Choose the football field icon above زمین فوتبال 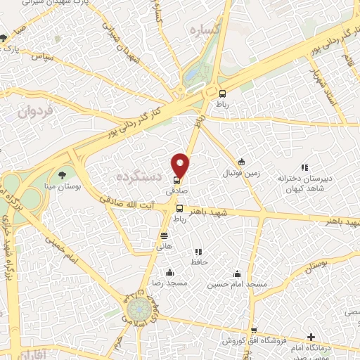coord(241,162)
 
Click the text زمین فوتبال coord(241,173)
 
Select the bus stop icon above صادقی coord(176,180)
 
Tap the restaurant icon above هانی coord(164,236)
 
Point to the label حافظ coord(198,262)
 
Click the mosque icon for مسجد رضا coord(169,273)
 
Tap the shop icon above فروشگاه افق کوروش coord(254,330)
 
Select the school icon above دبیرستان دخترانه coord(304,167)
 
